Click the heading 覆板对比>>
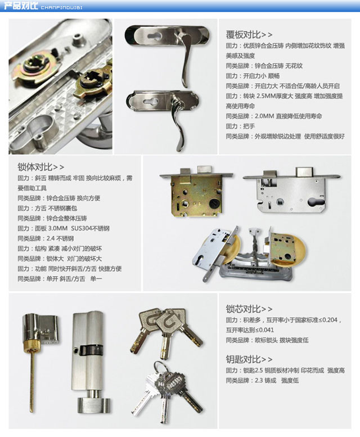(x=249, y=34)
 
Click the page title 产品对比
(x=21, y=6)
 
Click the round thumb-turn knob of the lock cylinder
(x=92, y=404)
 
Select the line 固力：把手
(x=240, y=127)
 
